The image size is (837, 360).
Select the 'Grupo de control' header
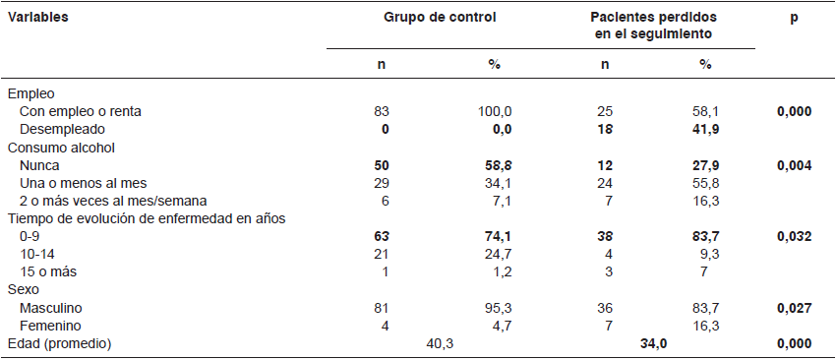click(x=439, y=18)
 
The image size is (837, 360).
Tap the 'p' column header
click(x=794, y=18)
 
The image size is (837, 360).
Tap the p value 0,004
click(x=794, y=165)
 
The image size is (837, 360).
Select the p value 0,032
click(x=794, y=236)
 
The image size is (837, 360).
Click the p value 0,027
click(x=794, y=307)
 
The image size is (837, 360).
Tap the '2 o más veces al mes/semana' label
click(x=108, y=201)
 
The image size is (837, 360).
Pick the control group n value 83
click(x=383, y=111)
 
